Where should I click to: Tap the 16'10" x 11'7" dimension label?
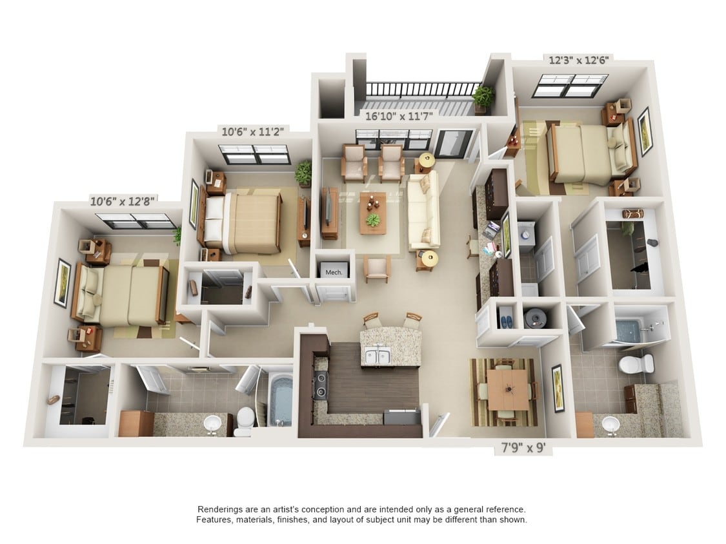point(399,116)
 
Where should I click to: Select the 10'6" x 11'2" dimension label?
point(252,132)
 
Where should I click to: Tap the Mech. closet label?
point(334,273)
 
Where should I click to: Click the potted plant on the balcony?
point(483,98)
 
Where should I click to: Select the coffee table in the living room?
point(373,213)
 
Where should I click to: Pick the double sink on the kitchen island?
point(378,356)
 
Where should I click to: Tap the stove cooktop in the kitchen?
point(320,386)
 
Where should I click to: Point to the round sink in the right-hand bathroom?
point(611,423)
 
